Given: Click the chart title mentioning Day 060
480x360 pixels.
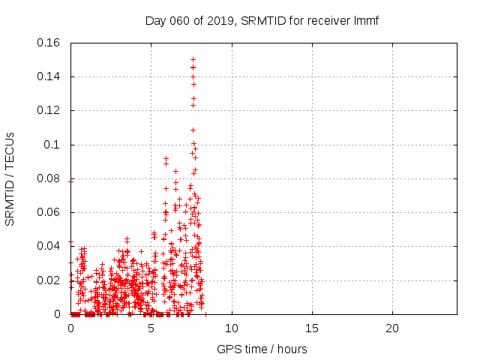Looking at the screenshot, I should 262,20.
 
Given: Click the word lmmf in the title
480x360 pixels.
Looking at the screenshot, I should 365,20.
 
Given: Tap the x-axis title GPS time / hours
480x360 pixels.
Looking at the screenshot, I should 262,349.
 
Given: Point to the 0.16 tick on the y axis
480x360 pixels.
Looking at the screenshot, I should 49,43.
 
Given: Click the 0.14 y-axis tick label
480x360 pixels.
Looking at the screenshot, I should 49,76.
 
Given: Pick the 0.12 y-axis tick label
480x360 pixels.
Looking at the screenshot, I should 49,110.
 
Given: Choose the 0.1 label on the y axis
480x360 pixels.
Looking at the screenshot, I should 52,145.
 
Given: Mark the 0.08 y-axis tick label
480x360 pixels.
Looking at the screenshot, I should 49,178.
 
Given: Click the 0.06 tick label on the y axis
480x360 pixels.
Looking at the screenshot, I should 49,212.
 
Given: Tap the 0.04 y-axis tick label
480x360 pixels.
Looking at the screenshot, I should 49,246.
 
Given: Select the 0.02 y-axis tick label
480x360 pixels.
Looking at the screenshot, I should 49,280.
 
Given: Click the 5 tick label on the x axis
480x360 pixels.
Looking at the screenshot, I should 151,328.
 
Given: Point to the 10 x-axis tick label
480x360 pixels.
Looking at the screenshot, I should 232,328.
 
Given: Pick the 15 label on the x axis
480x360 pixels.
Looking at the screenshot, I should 312,328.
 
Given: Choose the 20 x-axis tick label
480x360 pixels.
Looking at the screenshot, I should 392,328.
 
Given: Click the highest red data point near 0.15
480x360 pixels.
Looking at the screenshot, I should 193,59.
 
